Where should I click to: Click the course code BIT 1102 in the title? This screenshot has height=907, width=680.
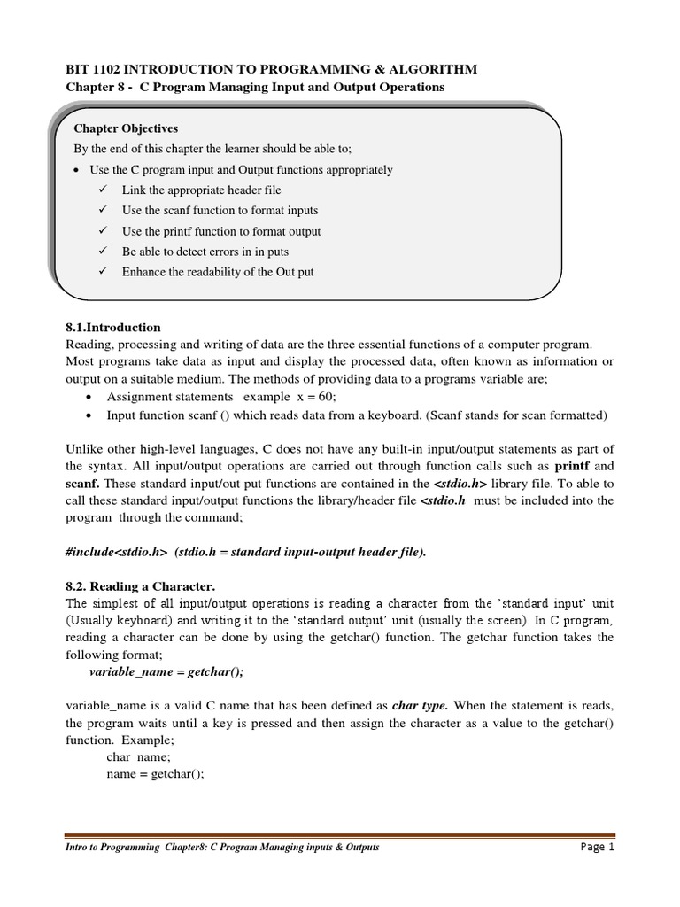[97, 69]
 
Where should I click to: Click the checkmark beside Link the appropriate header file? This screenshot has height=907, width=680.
[103, 190]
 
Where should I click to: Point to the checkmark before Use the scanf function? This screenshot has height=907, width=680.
[103, 210]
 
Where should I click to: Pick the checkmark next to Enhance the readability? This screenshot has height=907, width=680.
[103, 271]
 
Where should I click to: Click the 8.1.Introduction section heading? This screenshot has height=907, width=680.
[113, 327]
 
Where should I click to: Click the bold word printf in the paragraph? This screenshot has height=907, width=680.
[573, 465]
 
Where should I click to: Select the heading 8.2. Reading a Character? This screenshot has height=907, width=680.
[141, 586]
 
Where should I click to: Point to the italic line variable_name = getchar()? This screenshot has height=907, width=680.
[166, 672]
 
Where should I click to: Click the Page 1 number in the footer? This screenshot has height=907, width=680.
[597, 847]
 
